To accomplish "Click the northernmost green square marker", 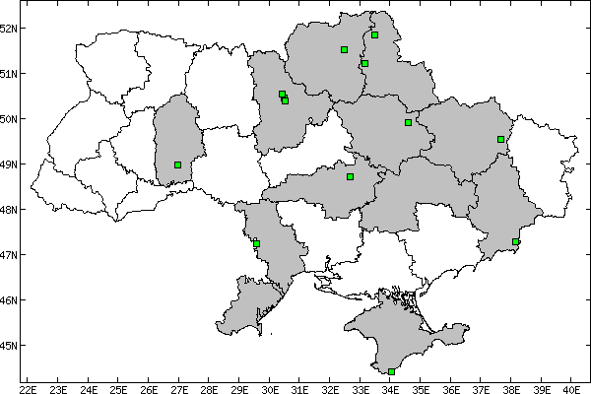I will coord(374,34).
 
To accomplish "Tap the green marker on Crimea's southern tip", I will coord(392,371).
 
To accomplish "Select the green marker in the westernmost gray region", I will coord(177,164).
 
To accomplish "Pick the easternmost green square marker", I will coord(515,241).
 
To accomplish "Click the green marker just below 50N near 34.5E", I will coord(408,122).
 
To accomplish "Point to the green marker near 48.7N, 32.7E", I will coord(350,176).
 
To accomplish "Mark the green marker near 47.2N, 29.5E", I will coord(256,243).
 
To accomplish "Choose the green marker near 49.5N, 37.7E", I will coord(500,139).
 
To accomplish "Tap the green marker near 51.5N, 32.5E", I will coord(344,49).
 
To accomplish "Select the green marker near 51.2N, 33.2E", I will coord(364,63).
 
